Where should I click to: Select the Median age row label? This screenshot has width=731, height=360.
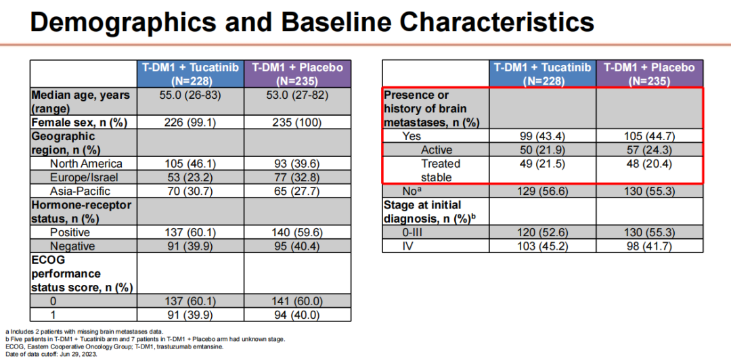[x=80, y=102]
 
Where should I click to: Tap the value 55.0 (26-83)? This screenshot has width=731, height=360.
[x=190, y=95]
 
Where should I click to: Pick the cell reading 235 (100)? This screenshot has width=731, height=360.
[x=298, y=122]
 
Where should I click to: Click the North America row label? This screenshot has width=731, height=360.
[x=86, y=164]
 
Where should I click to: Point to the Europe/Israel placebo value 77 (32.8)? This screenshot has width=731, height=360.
[x=298, y=177]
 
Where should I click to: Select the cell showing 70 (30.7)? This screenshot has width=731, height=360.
[x=190, y=192]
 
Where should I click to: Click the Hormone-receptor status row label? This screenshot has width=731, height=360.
[x=81, y=212]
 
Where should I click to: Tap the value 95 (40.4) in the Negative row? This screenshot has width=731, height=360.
[x=298, y=246]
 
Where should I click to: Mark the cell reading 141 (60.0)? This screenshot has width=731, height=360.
[x=298, y=301]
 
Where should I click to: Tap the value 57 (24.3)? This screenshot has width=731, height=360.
[x=649, y=150]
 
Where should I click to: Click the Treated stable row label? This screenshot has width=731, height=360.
[x=441, y=170]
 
